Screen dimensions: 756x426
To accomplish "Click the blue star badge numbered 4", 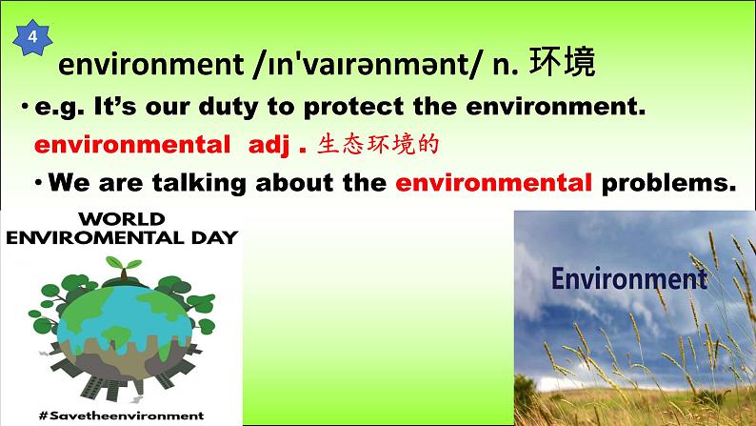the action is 32,37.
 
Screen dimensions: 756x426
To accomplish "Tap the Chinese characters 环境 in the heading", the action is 562,62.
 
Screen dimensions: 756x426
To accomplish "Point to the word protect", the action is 353,107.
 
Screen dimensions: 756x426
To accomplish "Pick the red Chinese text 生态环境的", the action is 378,144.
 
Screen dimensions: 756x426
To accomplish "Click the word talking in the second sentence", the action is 199,183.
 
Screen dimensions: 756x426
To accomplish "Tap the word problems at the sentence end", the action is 669,183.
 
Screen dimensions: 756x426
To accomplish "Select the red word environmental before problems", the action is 494,183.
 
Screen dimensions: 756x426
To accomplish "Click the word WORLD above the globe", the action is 122,219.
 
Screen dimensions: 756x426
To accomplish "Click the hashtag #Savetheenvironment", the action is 122,416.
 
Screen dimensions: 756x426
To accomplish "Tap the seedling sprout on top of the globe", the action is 124,268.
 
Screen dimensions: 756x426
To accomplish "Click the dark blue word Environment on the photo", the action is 629,278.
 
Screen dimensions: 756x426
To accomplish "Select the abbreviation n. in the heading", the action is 506,65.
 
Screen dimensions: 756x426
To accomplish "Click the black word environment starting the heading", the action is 150,65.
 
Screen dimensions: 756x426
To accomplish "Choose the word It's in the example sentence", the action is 115,106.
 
